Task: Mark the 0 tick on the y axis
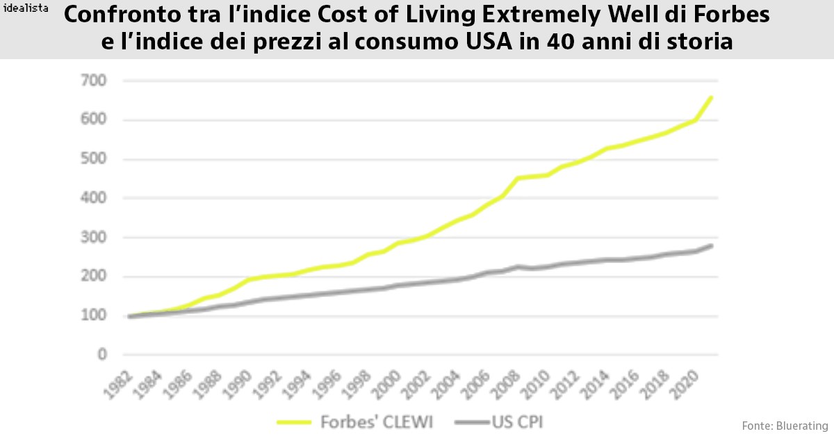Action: click(x=101, y=355)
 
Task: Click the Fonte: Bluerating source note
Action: click(x=785, y=425)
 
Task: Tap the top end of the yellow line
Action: click(x=712, y=97)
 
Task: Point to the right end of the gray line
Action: click(x=712, y=245)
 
